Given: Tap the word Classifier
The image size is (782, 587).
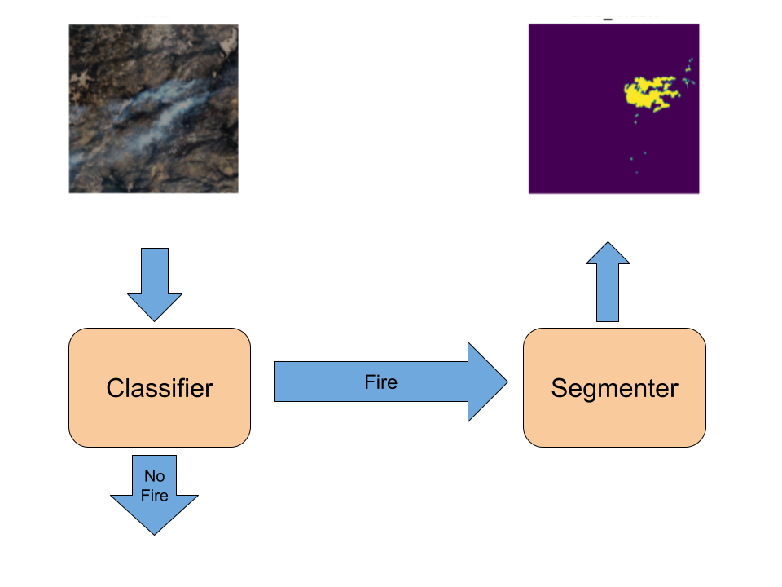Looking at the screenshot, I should point(160,388).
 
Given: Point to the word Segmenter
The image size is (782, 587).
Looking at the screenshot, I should point(614,388).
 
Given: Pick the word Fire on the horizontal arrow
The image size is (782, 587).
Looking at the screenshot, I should point(380,382).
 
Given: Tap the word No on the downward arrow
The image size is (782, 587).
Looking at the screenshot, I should point(155,476).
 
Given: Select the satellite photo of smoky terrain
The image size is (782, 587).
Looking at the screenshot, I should point(155,108).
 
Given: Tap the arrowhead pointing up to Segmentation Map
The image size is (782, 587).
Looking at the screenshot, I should point(608,254).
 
